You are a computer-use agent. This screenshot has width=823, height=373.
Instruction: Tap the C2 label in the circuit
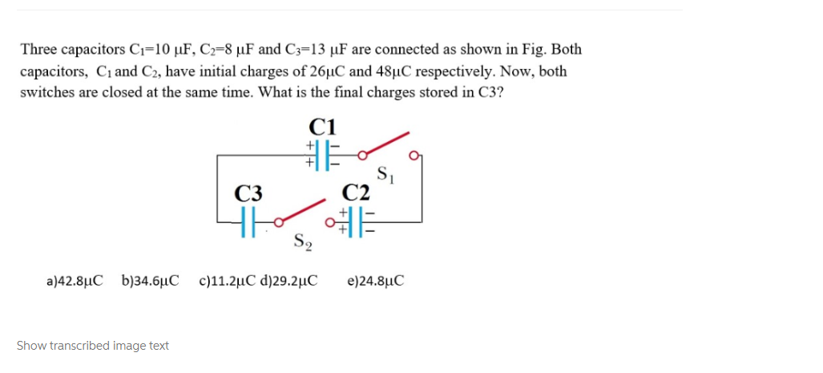pyautogui.click(x=356, y=193)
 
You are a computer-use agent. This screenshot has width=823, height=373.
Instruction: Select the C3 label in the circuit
pyautogui.click(x=248, y=193)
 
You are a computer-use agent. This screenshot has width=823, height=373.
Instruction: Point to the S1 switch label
pyautogui.click(x=384, y=171)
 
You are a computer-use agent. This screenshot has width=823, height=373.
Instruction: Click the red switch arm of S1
pyautogui.click(x=387, y=143)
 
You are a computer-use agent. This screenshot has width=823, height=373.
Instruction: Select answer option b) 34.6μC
pyautogui.click(x=150, y=282)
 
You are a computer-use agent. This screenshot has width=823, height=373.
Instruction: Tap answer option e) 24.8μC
pyautogui.click(x=377, y=282)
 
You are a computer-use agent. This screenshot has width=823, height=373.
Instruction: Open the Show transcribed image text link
pyautogui.click(x=93, y=346)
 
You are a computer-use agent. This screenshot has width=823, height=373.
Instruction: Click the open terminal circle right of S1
pyautogui.click(x=415, y=155)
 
